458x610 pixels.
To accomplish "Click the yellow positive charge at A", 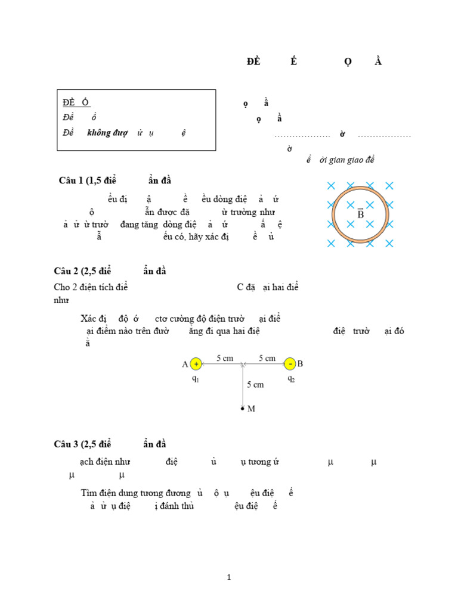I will [196, 364].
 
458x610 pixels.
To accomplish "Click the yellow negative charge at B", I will [290, 364].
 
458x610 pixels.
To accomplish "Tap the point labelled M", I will [242, 409].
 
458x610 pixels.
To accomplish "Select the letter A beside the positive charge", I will [185, 364].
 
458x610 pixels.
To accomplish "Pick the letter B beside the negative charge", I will [301, 363].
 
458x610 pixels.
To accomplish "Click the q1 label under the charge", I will [196, 379].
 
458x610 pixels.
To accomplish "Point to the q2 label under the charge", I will [290, 378].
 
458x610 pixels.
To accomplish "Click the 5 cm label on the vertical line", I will [255, 385].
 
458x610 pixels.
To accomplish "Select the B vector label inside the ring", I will [360, 213].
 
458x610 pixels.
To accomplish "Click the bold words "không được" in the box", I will [107, 133].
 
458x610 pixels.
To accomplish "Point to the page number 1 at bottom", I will [229, 577].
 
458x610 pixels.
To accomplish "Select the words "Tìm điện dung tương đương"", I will [135, 493].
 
